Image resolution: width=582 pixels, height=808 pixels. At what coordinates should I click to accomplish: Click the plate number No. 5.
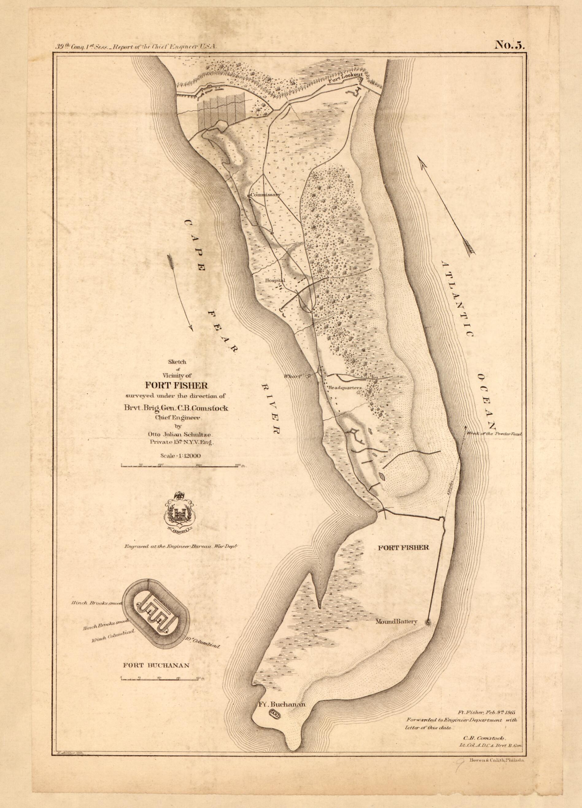[509, 45]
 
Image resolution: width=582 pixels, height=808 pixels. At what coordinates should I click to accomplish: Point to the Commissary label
[265, 195]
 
